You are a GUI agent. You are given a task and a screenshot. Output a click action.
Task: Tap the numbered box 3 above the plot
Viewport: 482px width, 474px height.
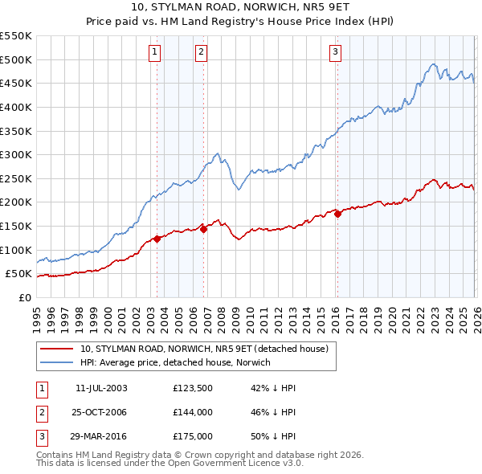[335, 53]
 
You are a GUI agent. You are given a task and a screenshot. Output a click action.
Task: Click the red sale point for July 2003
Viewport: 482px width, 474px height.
[157, 238]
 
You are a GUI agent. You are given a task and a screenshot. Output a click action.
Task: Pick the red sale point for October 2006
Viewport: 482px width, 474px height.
[204, 229]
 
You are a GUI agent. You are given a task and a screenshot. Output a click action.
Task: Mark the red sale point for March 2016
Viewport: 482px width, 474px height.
[337, 214]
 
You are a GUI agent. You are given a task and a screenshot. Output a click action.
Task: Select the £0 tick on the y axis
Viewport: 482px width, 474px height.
[24, 297]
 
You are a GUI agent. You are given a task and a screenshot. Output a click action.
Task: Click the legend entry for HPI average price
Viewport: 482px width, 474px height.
[176, 362]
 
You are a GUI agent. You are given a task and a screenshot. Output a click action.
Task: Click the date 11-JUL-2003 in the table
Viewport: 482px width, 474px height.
[101, 388]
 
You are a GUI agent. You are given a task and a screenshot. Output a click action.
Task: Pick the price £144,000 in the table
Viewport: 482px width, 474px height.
[192, 412]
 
